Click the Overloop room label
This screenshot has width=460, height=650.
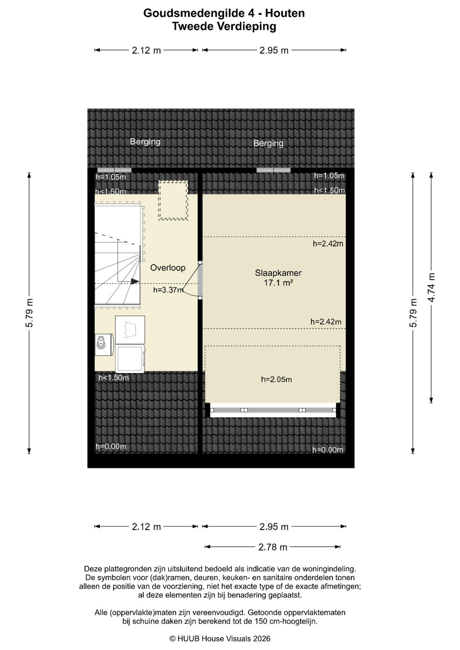point(167,268)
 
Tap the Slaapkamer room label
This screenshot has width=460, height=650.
point(278,273)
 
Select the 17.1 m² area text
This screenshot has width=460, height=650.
point(278,283)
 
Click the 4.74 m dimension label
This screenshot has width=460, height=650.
point(431,288)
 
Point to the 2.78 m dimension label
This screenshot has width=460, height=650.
point(273,547)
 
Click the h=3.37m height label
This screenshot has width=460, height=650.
point(168,289)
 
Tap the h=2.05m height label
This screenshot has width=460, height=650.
point(276,380)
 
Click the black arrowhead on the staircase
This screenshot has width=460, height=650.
point(135,281)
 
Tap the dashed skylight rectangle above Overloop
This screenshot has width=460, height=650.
point(173,200)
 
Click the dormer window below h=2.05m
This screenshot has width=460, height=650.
point(273,410)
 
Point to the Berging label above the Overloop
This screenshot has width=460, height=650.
point(145,142)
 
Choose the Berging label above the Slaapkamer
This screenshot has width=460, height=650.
point(268,143)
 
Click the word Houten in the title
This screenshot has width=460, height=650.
point(285,13)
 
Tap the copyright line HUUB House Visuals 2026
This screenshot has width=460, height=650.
point(220,639)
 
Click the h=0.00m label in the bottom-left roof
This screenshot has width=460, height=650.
point(111,447)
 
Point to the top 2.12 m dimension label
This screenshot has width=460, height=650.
point(147,51)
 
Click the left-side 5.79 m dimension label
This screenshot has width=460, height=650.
point(30,313)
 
